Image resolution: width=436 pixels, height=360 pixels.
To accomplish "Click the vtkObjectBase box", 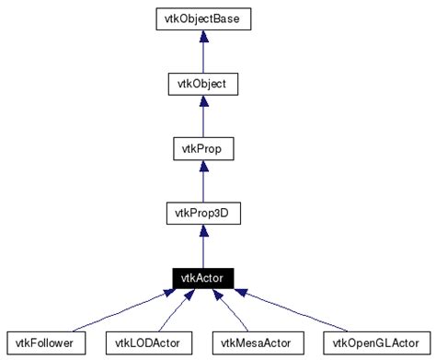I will pos(201,18).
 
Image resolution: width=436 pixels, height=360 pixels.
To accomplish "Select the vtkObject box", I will pos(201,84).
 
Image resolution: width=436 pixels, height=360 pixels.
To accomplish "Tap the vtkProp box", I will pos(201,148).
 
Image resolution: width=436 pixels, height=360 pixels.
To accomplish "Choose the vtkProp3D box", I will pos(201,214).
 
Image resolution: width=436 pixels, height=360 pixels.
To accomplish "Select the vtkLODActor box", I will pos(148,343).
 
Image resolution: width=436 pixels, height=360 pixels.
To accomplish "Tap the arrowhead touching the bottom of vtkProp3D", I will pos(201,231).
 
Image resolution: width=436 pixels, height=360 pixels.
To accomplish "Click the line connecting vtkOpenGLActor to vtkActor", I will pos(294,312).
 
